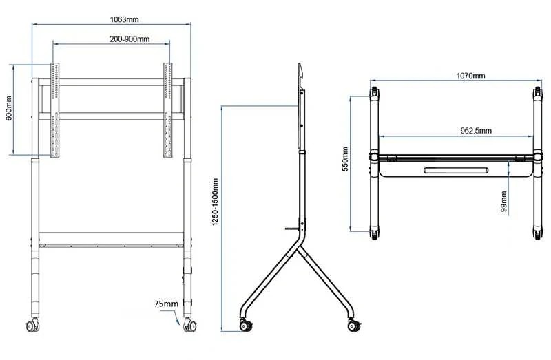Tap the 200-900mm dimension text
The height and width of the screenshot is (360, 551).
tap(129, 39)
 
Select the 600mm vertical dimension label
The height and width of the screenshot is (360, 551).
tap(9, 108)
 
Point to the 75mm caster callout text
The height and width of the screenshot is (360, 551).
tap(166, 304)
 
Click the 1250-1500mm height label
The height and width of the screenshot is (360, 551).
tap(216, 202)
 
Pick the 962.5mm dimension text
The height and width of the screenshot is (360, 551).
tap(476, 130)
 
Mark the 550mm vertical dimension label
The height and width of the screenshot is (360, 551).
tap(345, 159)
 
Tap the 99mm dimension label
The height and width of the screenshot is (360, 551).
tap(504, 202)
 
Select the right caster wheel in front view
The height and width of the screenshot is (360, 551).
tap(190, 326)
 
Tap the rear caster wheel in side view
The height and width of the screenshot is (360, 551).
tap(354, 326)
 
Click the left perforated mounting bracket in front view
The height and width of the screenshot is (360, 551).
tap(55, 110)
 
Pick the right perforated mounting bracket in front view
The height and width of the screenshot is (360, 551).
tap(167, 110)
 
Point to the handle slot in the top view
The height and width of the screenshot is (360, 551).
tap(456, 170)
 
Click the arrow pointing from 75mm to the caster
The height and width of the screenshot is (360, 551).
tap(176, 317)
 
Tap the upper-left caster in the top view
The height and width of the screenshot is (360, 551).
tap(374, 92)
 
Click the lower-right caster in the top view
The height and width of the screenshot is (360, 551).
tap(538, 233)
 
